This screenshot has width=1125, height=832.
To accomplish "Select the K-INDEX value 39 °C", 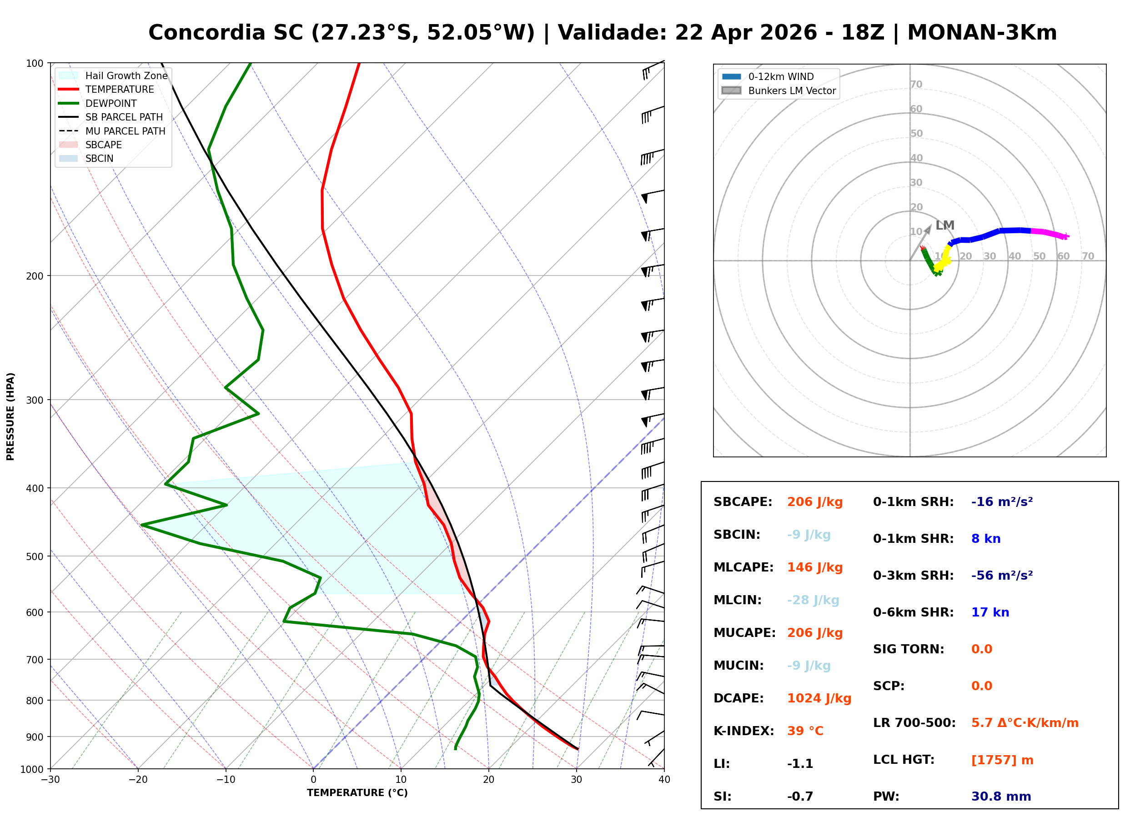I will pyautogui.click(x=805, y=731).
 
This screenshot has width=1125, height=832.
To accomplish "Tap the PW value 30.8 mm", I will pyautogui.click(x=1000, y=797).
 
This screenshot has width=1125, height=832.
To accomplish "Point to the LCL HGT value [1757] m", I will pyautogui.click(x=1002, y=760).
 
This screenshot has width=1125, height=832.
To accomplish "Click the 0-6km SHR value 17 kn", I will pyautogui.click(x=990, y=612).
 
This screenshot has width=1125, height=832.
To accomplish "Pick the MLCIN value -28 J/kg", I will pyautogui.click(x=813, y=600).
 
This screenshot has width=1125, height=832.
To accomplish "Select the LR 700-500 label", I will pyautogui.click(x=914, y=723).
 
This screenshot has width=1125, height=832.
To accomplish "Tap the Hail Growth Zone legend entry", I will pyautogui.click(x=126, y=75).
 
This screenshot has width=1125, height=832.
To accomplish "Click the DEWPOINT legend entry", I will pyautogui.click(x=111, y=103).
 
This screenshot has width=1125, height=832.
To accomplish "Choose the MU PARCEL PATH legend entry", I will pyautogui.click(x=125, y=131).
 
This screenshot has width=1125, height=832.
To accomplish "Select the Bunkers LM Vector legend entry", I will pyautogui.click(x=792, y=90).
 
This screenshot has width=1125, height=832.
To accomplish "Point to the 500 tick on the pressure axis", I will pyautogui.click(x=35, y=556).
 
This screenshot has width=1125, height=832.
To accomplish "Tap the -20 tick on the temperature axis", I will pyautogui.click(x=137, y=780).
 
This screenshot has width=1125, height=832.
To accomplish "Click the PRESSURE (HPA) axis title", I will pyautogui.click(x=10, y=416).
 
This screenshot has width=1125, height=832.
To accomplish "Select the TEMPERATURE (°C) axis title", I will pyautogui.click(x=357, y=793).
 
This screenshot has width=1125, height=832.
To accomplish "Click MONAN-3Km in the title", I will pyautogui.click(x=981, y=33).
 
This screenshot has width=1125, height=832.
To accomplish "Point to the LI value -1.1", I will pyautogui.click(x=800, y=764).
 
